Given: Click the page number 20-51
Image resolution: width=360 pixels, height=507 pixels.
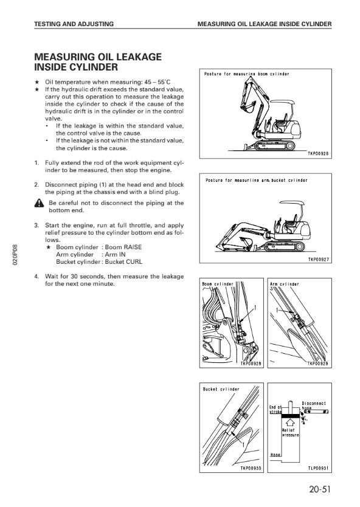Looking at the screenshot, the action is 320,489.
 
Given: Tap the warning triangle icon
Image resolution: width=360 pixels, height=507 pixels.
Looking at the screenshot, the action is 39,203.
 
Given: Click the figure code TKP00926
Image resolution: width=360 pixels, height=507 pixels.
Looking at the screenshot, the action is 318,154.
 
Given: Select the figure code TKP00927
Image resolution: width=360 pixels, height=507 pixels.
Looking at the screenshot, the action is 318,260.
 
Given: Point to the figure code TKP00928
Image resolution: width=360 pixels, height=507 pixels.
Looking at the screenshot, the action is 251,364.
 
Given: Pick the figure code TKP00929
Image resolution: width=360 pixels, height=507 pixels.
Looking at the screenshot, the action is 317,364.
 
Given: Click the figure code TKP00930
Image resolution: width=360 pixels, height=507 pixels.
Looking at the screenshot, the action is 251,468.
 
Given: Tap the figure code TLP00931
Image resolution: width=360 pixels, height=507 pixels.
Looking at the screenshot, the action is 318,468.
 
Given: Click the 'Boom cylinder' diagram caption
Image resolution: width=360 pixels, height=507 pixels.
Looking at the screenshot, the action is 217,284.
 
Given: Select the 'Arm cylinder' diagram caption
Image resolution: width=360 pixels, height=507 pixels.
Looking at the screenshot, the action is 285,285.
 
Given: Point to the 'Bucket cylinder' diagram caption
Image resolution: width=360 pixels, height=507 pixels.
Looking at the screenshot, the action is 221,389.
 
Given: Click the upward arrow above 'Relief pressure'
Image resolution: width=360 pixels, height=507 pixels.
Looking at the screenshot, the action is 290,422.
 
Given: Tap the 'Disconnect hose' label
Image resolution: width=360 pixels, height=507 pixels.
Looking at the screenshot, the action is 313,405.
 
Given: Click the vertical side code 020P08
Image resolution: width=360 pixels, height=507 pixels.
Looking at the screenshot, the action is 15,255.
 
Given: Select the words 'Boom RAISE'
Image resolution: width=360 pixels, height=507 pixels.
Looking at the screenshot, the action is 123,247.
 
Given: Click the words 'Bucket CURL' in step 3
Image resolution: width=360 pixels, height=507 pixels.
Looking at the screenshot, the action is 123,262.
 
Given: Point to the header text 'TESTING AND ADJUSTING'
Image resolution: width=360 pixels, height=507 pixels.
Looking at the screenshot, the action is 74,24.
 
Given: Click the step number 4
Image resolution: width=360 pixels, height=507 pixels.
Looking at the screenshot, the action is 36,277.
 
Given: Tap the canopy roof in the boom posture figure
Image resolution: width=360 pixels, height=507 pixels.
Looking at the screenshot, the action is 282,102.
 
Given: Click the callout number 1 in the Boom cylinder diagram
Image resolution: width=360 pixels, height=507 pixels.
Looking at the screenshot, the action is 255,308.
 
